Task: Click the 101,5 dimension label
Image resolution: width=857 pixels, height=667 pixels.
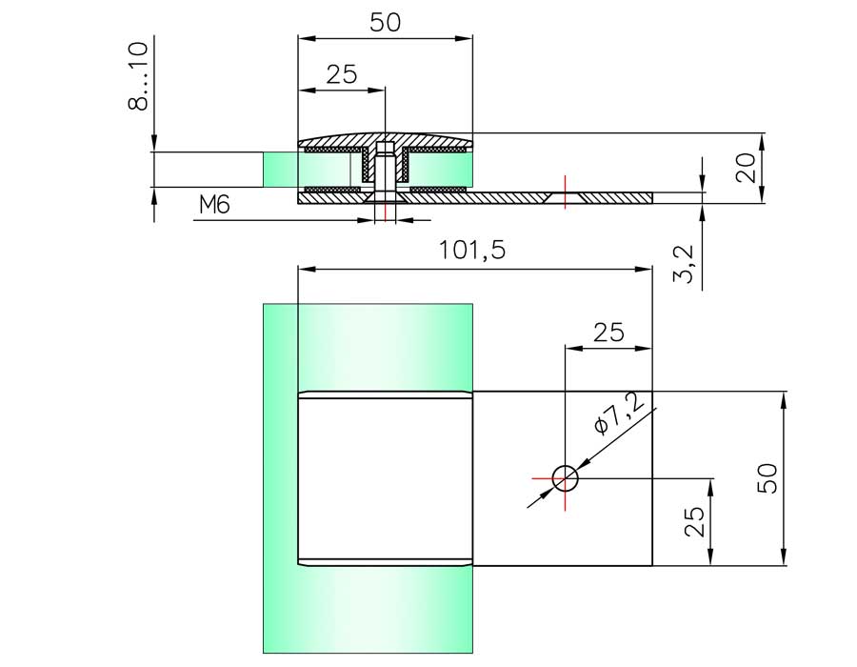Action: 472,251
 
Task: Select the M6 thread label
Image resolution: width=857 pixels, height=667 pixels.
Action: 214,205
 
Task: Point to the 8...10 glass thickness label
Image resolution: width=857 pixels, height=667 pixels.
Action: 138,76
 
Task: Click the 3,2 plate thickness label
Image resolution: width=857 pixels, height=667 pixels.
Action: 683,265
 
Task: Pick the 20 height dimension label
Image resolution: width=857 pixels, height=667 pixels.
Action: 746,168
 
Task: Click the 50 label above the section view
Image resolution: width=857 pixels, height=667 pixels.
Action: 386,23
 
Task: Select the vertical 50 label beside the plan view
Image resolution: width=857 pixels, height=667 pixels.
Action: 767,478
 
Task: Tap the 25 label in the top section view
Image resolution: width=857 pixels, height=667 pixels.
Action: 342,73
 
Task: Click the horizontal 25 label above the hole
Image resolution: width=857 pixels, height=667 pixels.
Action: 608,332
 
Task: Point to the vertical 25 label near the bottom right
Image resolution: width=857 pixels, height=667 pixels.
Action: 694,521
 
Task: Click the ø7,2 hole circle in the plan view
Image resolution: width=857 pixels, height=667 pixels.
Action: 565,479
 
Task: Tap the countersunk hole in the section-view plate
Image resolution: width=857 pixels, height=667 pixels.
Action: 565,198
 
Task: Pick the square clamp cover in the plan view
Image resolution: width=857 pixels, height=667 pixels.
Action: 385,478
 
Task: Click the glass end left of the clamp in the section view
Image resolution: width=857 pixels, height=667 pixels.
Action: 280,170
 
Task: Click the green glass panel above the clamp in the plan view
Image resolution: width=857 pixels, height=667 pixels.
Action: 368,347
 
